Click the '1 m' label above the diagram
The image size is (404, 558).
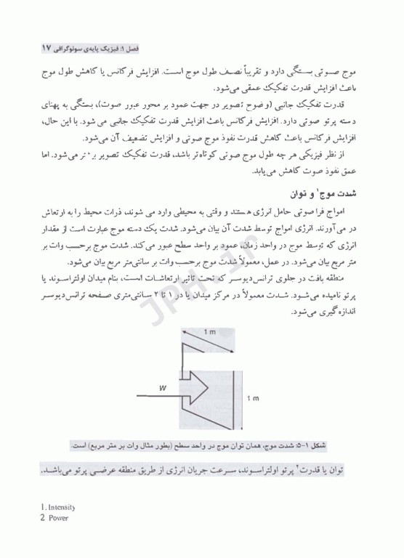coord(209,331)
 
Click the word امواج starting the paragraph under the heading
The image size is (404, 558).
coord(351,211)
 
